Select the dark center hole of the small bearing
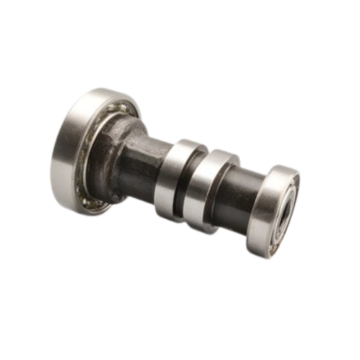[x=287, y=212]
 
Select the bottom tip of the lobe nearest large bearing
[x=173, y=216]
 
